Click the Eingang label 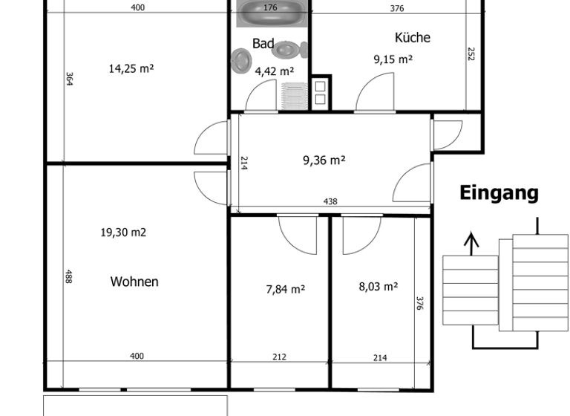(499, 193)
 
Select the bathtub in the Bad (270, 14)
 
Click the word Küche (412, 37)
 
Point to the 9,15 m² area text (393, 59)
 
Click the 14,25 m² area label (131, 68)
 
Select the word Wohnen (134, 282)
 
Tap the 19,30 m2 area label (123, 233)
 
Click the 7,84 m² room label (286, 289)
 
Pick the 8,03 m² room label (379, 286)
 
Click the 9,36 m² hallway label (324, 159)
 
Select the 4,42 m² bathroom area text (274, 71)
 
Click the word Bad (263, 44)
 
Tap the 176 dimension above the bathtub (270, 8)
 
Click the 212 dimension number (279, 357)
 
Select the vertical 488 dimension (68, 277)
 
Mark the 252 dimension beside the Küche (471, 54)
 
